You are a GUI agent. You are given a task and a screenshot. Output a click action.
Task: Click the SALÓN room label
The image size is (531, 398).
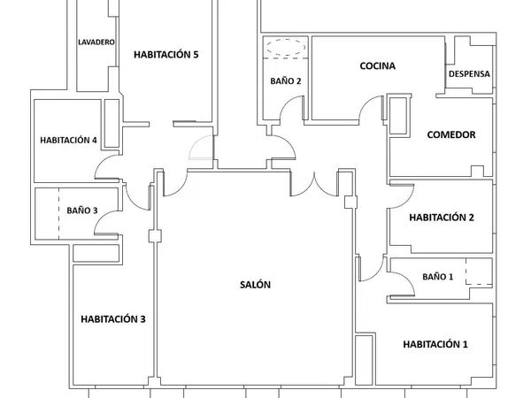[x=255, y=285]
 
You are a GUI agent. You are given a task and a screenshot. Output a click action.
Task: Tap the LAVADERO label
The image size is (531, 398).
[x=96, y=42]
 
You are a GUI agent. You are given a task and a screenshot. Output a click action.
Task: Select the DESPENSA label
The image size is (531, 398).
[x=469, y=73]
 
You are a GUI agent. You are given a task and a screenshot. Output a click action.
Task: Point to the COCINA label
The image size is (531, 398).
[x=377, y=65]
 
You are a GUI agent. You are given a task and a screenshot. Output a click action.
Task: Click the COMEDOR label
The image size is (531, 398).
[x=451, y=134]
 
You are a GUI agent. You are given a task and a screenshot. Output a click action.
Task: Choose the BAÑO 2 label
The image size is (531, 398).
[x=286, y=80]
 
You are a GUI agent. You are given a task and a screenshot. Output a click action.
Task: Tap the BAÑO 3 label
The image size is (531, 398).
[x=82, y=210]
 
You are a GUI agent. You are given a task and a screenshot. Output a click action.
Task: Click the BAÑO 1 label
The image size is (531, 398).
[x=437, y=277]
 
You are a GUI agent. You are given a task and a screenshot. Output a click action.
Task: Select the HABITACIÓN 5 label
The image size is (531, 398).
[x=166, y=55]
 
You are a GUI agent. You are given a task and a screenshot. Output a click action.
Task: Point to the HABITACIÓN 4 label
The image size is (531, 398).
[x=68, y=140]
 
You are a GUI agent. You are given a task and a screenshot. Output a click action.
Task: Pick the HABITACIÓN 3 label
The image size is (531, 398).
[x=113, y=318]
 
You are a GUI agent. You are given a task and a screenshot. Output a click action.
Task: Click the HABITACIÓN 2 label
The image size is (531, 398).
[x=442, y=218]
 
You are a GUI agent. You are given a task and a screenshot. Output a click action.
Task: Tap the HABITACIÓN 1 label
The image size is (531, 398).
[x=435, y=344]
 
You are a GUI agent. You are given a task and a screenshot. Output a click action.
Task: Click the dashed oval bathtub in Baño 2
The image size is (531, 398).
[x=286, y=47]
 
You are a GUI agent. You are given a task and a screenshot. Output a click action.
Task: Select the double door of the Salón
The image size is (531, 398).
[x=314, y=186]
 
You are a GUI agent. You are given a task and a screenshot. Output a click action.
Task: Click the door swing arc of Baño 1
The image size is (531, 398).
[x=408, y=276]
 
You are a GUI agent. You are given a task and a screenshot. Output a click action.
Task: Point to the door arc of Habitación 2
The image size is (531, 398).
[x=409, y=199]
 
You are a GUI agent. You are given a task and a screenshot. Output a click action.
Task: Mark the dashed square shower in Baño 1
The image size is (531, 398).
[x=479, y=272]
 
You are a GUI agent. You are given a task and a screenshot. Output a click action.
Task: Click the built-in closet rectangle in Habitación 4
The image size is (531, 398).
[x=112, y=123]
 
